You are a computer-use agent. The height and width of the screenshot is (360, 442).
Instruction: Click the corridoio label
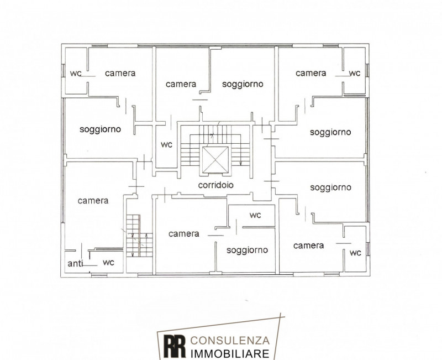tap(215, 185)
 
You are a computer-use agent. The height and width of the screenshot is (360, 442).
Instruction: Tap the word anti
tap(75, 264)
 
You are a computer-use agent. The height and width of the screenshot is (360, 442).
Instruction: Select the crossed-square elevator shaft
tap(215, 159)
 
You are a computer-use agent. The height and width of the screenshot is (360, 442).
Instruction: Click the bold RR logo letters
tap(175, 346)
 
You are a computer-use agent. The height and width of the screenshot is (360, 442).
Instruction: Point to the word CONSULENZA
tap(230, 341)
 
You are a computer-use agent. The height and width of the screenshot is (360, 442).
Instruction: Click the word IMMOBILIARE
tap(230, 353)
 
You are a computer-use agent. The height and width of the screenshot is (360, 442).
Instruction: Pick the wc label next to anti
tap(108, 263)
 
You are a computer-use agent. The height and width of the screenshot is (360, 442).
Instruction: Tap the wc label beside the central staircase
tap(167, 145)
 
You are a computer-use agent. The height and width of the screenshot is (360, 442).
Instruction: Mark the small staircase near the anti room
tap(139, 236)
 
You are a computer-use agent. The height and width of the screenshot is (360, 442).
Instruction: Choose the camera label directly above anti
tap(93, 201)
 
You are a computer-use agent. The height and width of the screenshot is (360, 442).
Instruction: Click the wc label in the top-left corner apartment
tap(76, 74)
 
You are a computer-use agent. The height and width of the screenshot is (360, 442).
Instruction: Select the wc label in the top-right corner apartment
tap(355, 74)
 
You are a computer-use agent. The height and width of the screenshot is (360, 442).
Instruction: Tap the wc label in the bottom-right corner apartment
tap(355, 253)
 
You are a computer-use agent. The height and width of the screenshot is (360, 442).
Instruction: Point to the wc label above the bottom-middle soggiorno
tap(255, 215)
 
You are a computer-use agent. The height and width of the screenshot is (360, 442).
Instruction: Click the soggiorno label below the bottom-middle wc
tap(247, 251)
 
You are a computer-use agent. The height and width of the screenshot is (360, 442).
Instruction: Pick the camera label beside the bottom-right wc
tap(308, 246)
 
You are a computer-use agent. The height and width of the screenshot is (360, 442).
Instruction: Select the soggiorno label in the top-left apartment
tap(100, 129)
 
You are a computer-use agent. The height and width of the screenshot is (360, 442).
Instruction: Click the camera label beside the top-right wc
tap(311, 73)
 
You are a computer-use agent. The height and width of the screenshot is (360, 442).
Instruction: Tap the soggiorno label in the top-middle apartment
tap(243, 84)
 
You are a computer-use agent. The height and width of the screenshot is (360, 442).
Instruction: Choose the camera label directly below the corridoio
tap(184, 233)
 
